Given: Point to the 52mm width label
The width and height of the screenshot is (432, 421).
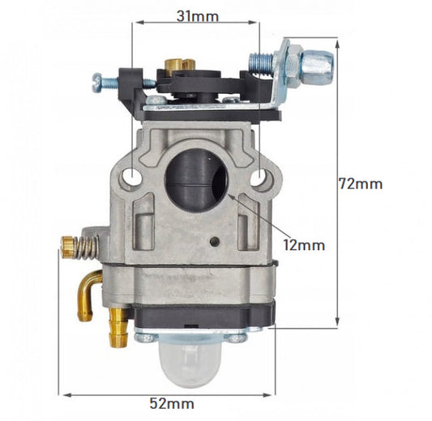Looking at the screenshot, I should [170, 402].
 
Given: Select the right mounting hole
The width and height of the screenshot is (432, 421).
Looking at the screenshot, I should [261, 177].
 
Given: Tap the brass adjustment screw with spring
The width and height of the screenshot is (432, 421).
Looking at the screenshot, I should [77, 246].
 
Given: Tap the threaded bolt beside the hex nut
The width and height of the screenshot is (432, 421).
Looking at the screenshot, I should [262, 60].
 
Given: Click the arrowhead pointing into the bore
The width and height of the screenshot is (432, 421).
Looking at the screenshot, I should [232, 196].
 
